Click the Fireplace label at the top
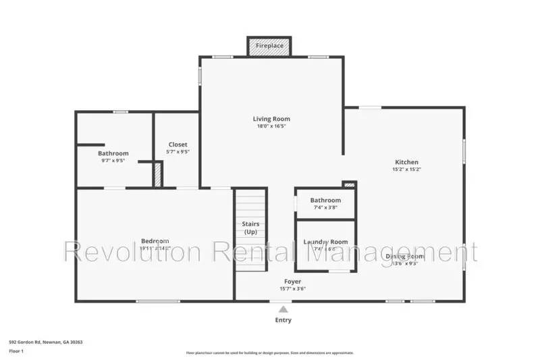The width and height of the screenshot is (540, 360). pyautogui.click(x=269, y=46)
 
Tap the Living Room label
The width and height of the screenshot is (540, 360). pyautogui.click(x=271, y=119)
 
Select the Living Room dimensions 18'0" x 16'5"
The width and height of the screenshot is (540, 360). pyautogui.click(x=271, y=126)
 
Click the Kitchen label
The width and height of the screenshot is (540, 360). pyautogui.click(x=406, y=162)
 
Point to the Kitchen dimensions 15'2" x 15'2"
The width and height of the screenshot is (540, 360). pyautogui.click(x=406, y=170)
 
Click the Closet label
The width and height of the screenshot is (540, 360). pyautogui.click(x=178, y=145)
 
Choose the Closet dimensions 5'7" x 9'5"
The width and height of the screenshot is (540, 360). pyautogui.click(x=178, y=152)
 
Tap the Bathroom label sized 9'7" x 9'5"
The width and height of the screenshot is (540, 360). pyautogui.click(x=113, y=153)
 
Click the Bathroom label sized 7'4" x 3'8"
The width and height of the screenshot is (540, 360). pyautogui.click(x=325, y=200)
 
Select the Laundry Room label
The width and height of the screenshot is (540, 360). pyautogui.click(x=325, y=242)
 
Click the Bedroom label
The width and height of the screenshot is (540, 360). pyautogui.click(x=155, y=241)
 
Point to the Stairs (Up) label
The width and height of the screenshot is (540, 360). pyautogui.click(x=250, y=228)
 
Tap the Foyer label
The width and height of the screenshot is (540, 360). pyautogui.click(x=292, y=281)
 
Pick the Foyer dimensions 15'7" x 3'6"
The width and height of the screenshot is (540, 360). pyautogui.click(x=292, y=288)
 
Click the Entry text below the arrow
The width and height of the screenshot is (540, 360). pyautogui.click(x=283, y=320)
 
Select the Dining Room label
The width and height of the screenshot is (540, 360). pyautogui.click(x=404, y=256)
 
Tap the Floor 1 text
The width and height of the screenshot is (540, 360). pyautogui.click(x=16, y=351)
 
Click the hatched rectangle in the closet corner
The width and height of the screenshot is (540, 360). pyautogui.click(x=157, y=175)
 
